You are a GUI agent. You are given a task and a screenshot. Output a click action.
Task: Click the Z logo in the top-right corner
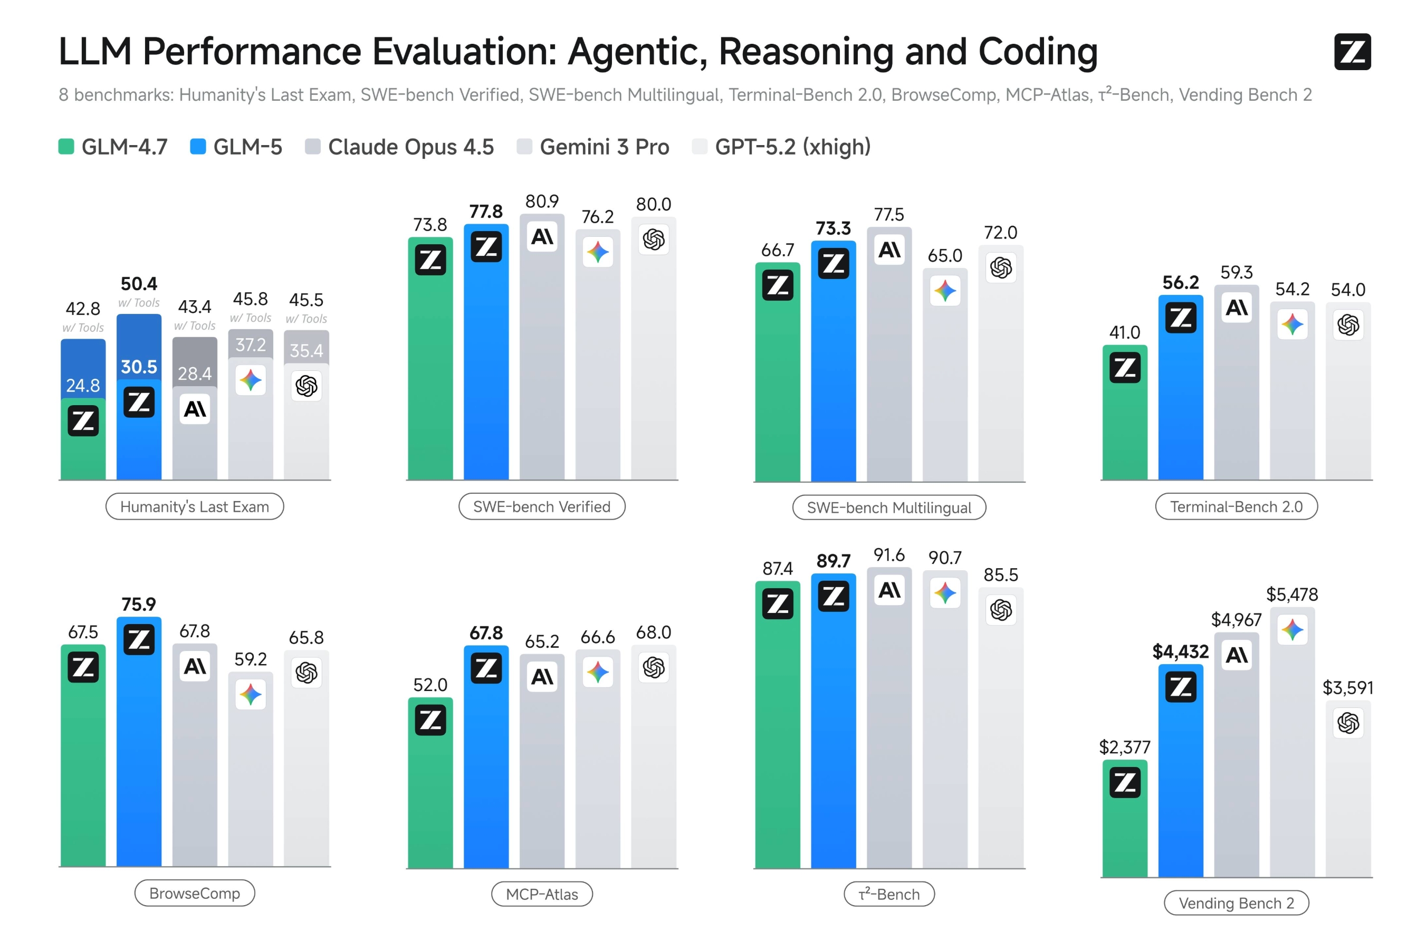(1352, 52)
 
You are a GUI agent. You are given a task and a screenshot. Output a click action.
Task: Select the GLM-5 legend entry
(236, 147)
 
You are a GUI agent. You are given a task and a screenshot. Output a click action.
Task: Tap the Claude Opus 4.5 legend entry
(399, 147)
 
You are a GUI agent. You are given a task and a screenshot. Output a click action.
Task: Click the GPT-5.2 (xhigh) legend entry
(781, 147)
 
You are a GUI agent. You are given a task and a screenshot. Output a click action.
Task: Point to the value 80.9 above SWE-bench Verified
(542, 202)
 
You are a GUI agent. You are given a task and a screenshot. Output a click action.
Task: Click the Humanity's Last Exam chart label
(195, 506)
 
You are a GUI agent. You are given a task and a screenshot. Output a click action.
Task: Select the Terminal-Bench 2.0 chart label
(1236, 506)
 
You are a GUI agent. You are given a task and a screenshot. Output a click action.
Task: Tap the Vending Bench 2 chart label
(1236, 903)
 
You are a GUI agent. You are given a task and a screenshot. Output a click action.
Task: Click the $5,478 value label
(1292, 594)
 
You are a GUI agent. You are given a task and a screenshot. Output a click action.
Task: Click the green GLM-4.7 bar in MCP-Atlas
(430, 782)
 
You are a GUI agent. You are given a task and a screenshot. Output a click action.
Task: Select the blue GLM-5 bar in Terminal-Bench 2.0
(1181, 387)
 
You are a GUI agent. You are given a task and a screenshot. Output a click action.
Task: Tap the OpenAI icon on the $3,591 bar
(1348, 723)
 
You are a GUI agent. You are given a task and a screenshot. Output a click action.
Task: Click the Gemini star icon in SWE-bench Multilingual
(945, 291)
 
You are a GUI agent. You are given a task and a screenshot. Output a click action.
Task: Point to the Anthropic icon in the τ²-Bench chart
(889, 590)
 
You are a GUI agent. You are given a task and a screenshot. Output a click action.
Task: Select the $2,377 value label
(1125, 747)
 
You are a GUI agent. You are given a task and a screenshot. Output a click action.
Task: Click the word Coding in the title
(1038, 52)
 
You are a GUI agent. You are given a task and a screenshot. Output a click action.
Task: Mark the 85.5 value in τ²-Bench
(1001, 575)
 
